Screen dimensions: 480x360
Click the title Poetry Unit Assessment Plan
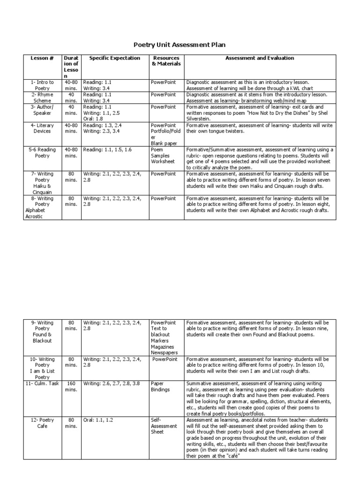pyautogui.click(x=180, y=45)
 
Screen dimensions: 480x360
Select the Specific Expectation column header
pyautogui.click(x=114, y=58)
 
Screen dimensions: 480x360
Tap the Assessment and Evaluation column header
pyautogui.click(x=260, y=58)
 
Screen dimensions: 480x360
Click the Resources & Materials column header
pyautogui.click(x=166, y=61)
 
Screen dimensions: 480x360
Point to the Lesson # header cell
pyautogui.click(x=42, y=58)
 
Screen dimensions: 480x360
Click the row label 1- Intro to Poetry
pyautogui.click(x=42, y=85)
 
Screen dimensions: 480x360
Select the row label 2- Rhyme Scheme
pyautogui.click(x=42, y=97)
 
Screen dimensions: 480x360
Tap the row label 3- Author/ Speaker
pyautogui.click(x=42, y=110)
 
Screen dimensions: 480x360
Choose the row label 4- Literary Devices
pyautogui.click(x=42, y=128)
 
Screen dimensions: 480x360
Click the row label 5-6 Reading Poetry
pyautogui.click(x=42, y=152)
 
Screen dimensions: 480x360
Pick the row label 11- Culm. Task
pyautogui.click(x=42, y=383)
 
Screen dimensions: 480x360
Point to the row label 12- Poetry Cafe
pyautogui.click(x=42, y=423)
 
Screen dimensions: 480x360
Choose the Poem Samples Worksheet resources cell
pyautogui.click(x=163, y=155)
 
